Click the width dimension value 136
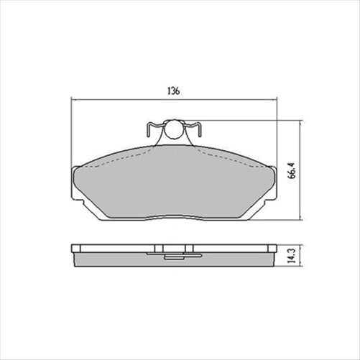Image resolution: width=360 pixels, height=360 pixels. pyautogui.click(x=172, y=91)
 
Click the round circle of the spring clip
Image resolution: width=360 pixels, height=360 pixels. pyautogui.click(x=173, y=130)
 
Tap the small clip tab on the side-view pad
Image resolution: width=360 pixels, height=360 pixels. pyautogui.click(x=173, y=254)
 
